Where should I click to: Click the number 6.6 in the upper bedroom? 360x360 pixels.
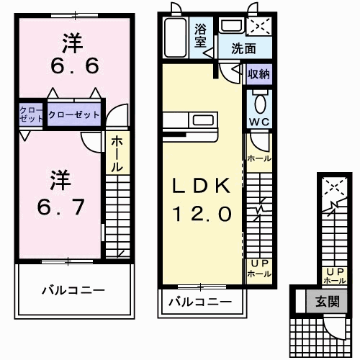(x=71, y=66)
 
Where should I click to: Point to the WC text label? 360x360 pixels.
(x=258, y=122)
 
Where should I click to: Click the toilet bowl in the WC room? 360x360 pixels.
(x=259, y=99)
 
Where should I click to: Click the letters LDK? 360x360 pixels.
(x=201, y=186)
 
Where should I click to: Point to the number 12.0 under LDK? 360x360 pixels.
(x=201, y=214)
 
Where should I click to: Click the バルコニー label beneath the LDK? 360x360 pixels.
(x=200, y=302)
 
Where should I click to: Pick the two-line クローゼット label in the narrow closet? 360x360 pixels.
(x=32, y=114)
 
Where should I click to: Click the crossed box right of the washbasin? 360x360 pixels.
(x=258, y=27)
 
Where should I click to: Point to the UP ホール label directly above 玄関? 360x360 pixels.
(x=334, y=275)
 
